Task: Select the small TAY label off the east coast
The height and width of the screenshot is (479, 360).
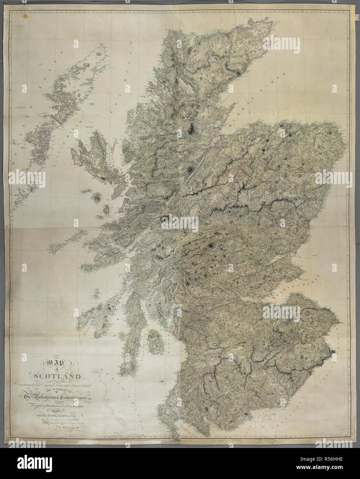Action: [304, 257]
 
